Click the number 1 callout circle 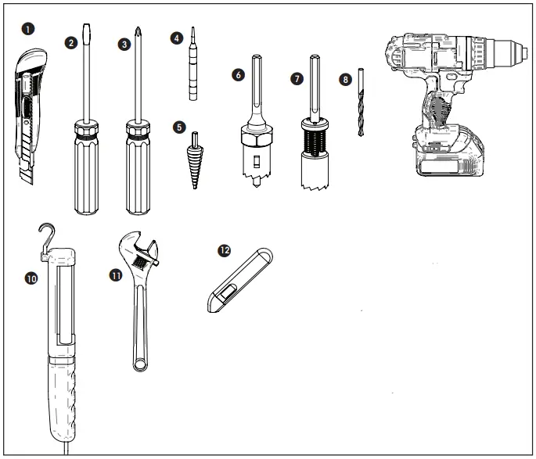(29, 28)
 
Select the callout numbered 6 (239, 75)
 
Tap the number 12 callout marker (225, 250)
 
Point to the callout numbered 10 (32, 277)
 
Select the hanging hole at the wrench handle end (140, 360)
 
